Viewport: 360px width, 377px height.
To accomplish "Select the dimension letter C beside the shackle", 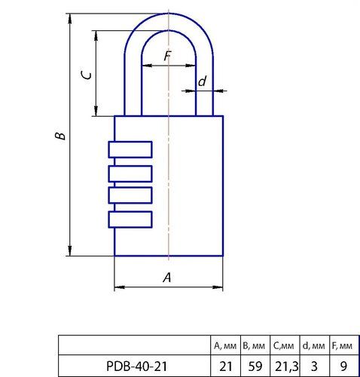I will pyautogui.click(x=87, y=75).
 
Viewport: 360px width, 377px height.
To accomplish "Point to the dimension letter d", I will pyautogui.click(x=202, y=81).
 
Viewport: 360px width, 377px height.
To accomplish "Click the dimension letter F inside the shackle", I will pyautogui.click(x=166, y=56).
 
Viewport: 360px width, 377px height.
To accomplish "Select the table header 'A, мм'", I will pyautogui.click(x=225, y=346).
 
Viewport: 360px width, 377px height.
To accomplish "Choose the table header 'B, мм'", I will pyautogui.click(x=255, y=346).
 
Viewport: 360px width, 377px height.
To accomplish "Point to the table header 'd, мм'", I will pyautogui.click(x=314, y=346).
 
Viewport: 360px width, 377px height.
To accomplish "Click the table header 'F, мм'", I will pyautogui.click(x=342, y=346).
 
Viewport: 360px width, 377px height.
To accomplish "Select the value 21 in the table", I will pyautogui.click(x=225, y=366).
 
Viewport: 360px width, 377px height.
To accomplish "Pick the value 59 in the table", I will pyautogui.click(x=255, y=366).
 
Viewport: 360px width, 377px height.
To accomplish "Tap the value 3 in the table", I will pyautogui.click(x=314, y=366).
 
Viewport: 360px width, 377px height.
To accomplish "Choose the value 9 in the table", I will pyautogui.click(x=342, y=366).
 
